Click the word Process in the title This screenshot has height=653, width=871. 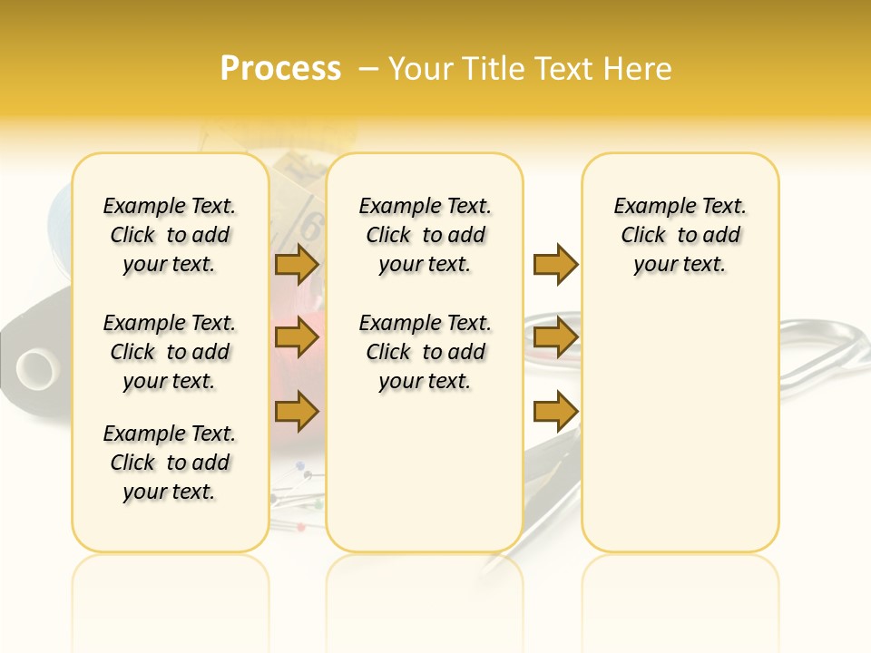[x=280, y=69]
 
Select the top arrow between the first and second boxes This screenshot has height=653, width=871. [x=297, y=265]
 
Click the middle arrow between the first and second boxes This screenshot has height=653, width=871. [x=297, y=338]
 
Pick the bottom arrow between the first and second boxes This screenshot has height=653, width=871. [x=297, y=412]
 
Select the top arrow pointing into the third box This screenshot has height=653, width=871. [x=555, y=265]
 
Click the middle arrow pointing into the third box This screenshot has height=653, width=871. [x=555, y=338]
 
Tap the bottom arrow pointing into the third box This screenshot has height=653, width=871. [x=555, y=412]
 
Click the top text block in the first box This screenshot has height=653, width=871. [x=170, y=235]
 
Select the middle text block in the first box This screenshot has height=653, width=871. [x=170, y=352]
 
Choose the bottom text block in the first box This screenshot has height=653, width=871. [x=170, y=463]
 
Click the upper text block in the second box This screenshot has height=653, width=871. [x=426, y=235]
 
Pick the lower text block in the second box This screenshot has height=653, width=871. [x=426, y=352]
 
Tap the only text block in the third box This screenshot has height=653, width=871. [x=680, y=235]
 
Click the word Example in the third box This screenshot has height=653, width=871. [x=647, y=207]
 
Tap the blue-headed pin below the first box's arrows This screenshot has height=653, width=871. [x=299, y=465]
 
